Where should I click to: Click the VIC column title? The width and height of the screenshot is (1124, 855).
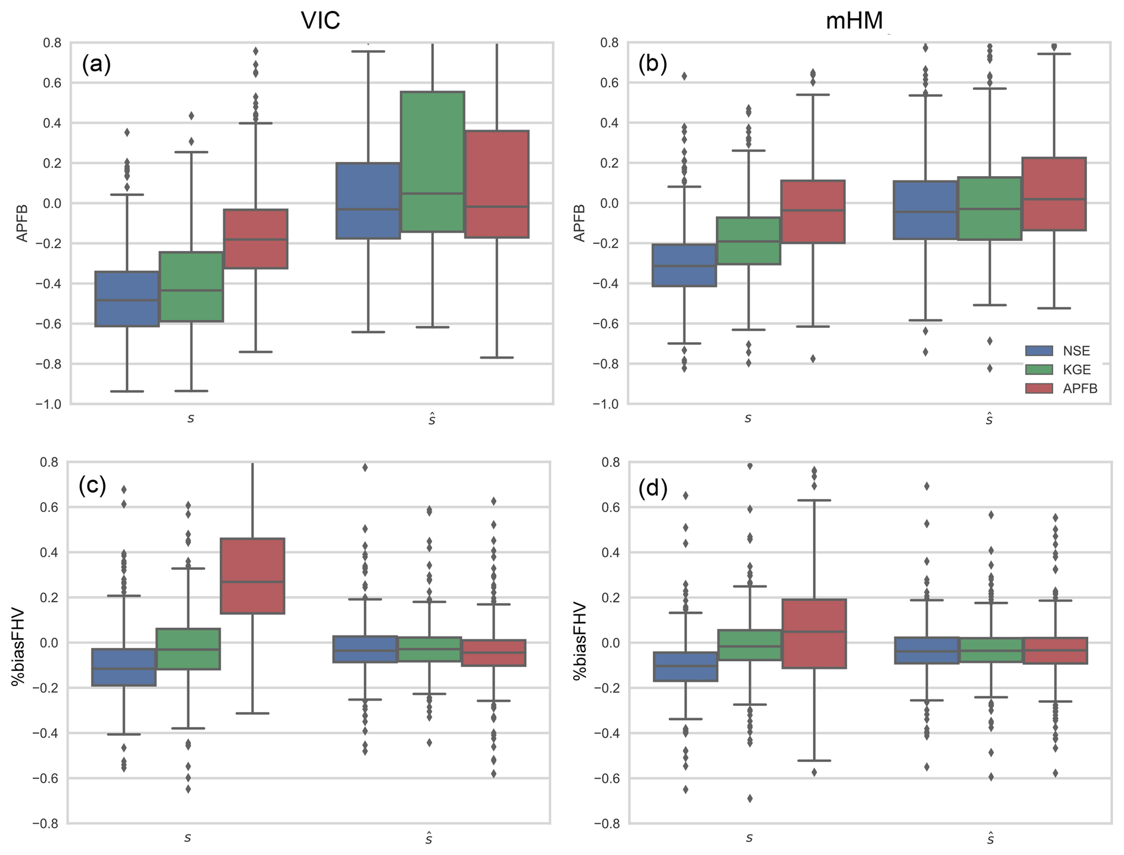point(320,21)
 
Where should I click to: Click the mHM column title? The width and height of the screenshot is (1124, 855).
point(854,21)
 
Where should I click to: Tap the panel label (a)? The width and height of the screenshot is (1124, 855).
point(96,64)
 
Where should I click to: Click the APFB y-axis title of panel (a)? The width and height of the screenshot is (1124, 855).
point(22,223)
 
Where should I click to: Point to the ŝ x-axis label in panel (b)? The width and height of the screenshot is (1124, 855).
point(989,419)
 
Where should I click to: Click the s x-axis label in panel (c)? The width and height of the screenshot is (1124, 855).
point(188,838)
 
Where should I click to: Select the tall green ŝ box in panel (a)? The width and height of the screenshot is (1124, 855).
point(432,162)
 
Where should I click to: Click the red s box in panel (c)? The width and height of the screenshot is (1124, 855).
point(252,576)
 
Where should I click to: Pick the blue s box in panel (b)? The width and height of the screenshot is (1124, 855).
point(684,265)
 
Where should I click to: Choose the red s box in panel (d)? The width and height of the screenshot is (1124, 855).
point(814,634)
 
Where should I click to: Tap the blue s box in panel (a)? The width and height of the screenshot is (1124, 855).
point(127,299)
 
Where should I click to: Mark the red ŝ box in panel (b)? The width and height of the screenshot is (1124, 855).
point(1054,194)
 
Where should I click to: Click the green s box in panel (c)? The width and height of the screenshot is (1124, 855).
point(188,649)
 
